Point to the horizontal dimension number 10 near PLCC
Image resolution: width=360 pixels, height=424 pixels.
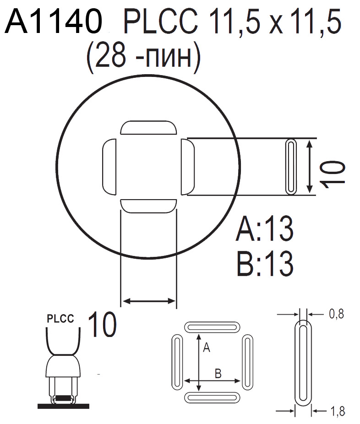101,325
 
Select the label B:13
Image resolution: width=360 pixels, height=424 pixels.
265,263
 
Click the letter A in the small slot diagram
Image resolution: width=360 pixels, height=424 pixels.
206,348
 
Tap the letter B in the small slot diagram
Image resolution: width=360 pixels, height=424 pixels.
218,374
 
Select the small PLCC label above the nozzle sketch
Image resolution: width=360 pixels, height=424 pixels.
60,319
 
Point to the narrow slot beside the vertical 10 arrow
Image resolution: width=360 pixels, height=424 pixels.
290,166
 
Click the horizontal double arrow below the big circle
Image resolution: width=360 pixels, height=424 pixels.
148,301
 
